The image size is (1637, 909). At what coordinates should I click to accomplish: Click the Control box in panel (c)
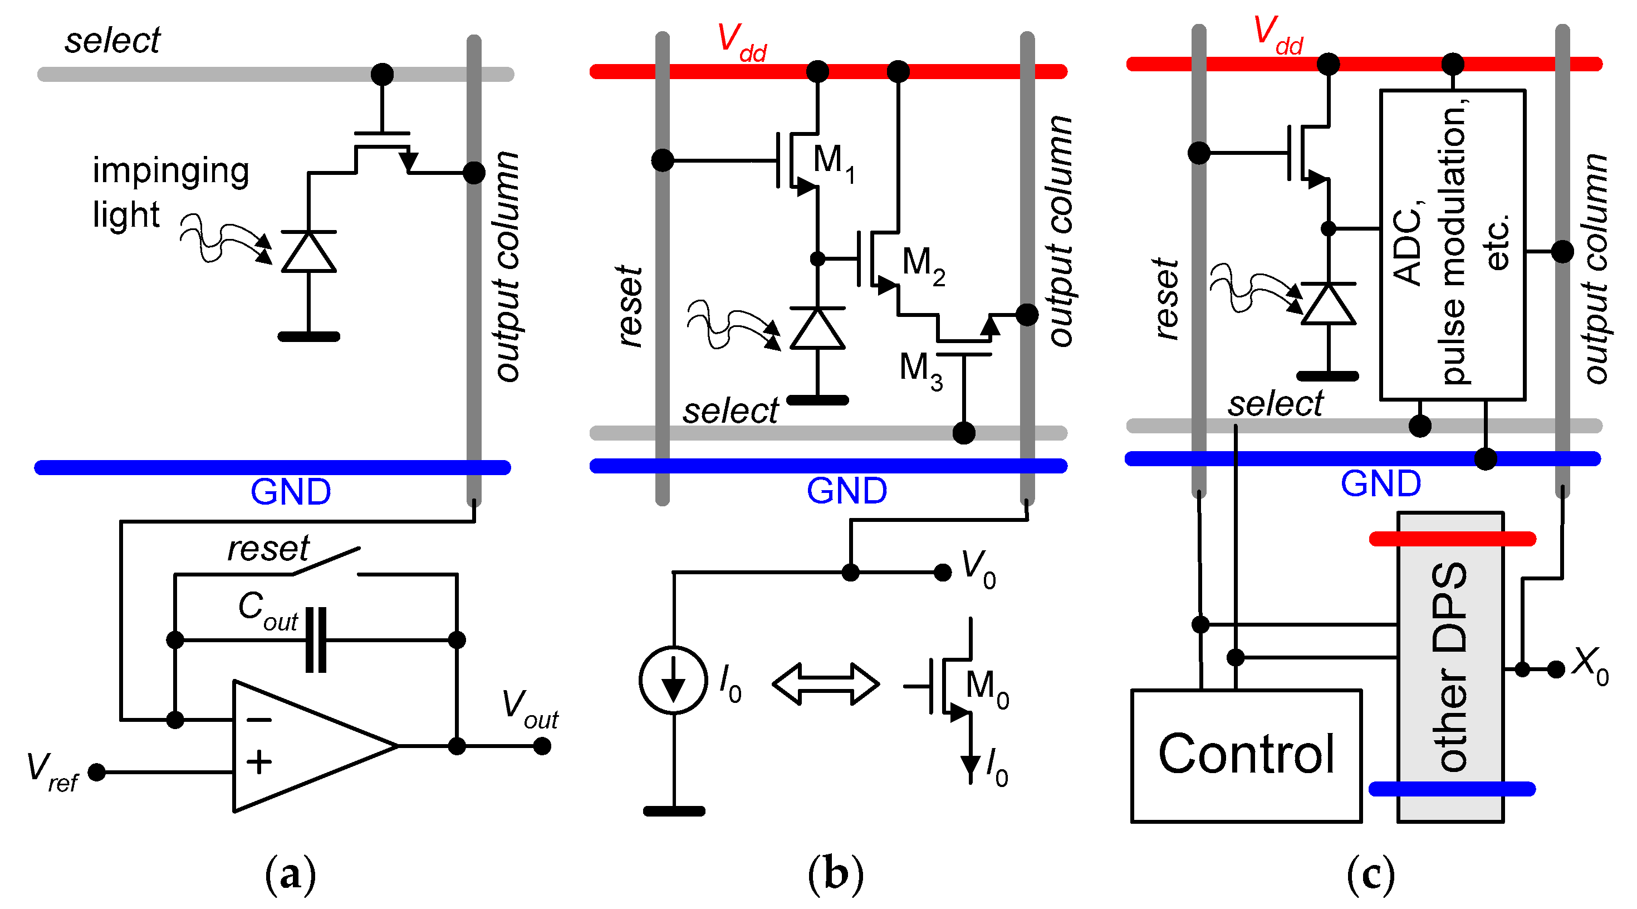coord(1245,755)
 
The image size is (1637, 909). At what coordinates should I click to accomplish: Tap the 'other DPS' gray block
coord(1449,667)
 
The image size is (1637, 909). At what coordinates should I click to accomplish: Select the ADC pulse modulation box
coord(1452,245)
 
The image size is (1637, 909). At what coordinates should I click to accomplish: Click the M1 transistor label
coord(833,162)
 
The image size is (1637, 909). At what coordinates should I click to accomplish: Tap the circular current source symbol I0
coord(673,680)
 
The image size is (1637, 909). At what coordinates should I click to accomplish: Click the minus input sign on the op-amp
coord(259,720)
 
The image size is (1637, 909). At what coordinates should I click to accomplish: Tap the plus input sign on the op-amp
coord(259,761)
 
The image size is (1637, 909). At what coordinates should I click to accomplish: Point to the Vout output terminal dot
coord(541,746)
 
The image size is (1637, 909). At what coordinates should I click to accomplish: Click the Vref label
coord(51,771)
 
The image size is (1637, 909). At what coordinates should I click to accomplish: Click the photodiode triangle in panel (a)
coord(308,252)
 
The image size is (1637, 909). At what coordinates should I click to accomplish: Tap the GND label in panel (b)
coord(846,491)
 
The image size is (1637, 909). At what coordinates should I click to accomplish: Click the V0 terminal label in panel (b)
coord(977,568)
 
